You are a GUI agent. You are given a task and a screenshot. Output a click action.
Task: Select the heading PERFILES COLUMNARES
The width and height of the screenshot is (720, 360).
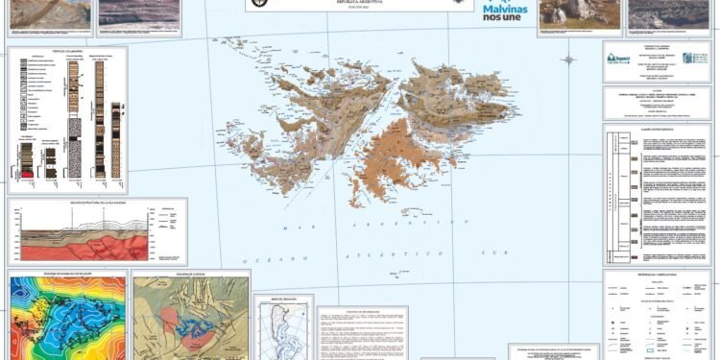point(66,52)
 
